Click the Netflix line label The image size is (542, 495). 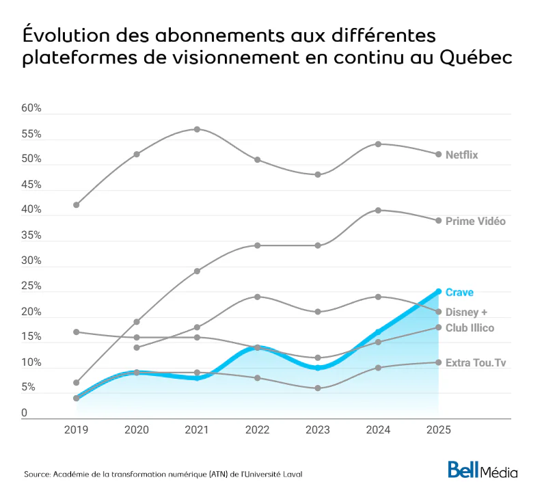(461, 155)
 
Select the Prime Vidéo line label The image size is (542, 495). (475, 222)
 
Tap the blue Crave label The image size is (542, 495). (459, 293)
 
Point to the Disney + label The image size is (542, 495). (466, 312)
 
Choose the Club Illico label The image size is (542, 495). (470, 328)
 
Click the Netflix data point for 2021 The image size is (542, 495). (197, 129)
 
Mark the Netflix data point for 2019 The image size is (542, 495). (76, 205)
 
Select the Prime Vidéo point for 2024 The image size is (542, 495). (378, 211)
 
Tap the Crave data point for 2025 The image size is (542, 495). (438, 291)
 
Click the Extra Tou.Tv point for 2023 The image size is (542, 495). (318, 388)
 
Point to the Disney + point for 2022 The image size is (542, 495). (257, 297)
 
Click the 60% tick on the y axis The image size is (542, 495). (31, 109)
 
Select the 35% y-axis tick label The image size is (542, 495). (31, 236)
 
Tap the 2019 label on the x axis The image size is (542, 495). (76, 429)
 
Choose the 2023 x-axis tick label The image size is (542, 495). (317, 429)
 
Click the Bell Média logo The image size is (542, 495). (483, 471)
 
